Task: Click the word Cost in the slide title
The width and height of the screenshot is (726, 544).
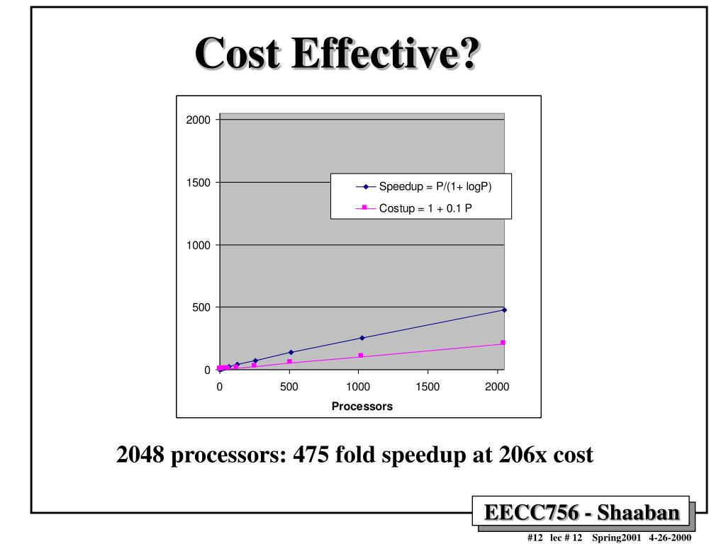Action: coord(238,54)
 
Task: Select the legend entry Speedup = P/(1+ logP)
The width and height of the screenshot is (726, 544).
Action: coord(435,187)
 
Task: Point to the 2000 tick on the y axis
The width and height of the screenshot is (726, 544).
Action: coord(199,120)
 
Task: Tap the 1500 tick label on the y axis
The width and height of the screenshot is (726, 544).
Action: coord(199,183)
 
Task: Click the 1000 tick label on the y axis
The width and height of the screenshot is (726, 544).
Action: coord(199,245)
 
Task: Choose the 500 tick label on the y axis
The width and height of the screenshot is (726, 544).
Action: coord(202,307)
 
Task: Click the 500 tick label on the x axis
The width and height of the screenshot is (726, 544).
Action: coord(289,387)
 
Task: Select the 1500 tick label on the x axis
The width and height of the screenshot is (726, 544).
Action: coord(428,387)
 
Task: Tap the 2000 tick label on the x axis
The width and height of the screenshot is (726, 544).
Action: coord(497,387)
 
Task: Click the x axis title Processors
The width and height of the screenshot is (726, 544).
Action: coord(362,407)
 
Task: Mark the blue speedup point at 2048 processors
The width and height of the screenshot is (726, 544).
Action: coord(504,310)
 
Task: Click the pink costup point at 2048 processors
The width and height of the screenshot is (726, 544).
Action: coord(503,343)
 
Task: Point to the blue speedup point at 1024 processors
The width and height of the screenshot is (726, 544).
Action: coord(362,338)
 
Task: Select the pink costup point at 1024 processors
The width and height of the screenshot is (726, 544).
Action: coord(361,356)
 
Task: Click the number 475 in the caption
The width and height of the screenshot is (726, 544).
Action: coord(311,454)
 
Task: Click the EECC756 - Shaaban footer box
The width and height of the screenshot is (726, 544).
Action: coord(581,512)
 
